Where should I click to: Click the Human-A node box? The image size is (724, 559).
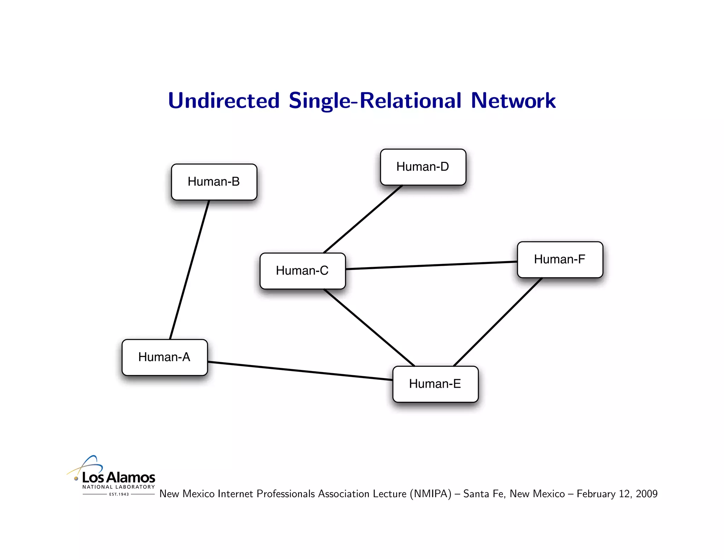pos(164,357)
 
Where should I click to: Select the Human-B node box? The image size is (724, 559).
pos(214,182)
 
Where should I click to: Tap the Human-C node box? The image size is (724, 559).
pos(302,271)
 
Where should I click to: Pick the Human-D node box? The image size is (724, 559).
pos(423,167)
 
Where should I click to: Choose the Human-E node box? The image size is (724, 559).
pos(435,384)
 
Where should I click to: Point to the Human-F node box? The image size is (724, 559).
pos(560,259)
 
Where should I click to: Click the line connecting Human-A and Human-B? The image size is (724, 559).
pos(189,270)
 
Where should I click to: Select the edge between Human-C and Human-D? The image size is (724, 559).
pos(363,219)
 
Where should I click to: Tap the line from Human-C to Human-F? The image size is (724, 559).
pos(431,265)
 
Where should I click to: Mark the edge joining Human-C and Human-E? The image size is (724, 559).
pos(369,328)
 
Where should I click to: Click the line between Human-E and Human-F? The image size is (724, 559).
pos(498,322)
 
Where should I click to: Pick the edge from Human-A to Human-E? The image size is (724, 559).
pos(300,371)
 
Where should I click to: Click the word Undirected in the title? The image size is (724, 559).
pos(224,101)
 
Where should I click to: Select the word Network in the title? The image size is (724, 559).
pos(513,101)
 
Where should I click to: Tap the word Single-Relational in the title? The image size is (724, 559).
pos(375,101)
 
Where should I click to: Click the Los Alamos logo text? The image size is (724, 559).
pos(118,477)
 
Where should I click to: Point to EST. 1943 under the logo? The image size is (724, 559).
pos(119,494)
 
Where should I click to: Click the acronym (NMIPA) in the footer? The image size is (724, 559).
pos(431,494)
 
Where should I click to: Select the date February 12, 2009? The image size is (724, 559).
pos(617,494)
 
